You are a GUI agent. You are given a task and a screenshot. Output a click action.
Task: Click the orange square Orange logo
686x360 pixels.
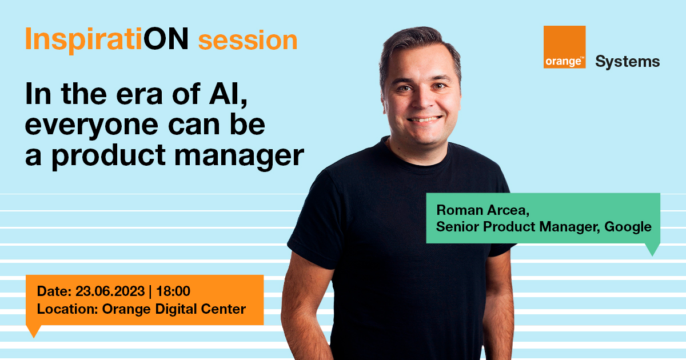pos(564,47)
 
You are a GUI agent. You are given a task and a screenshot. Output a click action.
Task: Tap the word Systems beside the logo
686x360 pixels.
pos(627,62)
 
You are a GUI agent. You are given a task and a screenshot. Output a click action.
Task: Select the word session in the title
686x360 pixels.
pos(248,41)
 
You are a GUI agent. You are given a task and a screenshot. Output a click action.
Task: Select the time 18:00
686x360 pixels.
pos(173,291)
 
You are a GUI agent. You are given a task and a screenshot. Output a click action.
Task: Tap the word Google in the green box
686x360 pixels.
pos(628,226)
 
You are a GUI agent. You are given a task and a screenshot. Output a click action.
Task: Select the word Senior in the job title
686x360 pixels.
pos(457,226)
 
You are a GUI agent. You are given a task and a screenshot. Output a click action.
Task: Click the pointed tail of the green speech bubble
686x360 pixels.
pos(652,250)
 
